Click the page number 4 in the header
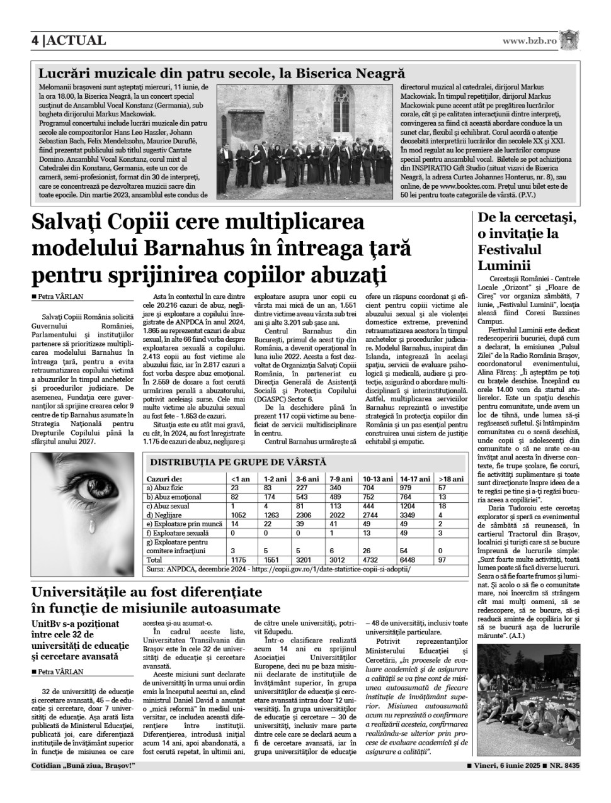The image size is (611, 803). point(36,41)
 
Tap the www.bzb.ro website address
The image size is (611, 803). point(530,41)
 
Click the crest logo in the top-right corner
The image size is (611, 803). point(571,40)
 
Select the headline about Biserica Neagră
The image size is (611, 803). point(221,74)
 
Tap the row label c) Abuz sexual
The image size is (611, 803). point(168,506)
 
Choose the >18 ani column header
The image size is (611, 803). point(451,479)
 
